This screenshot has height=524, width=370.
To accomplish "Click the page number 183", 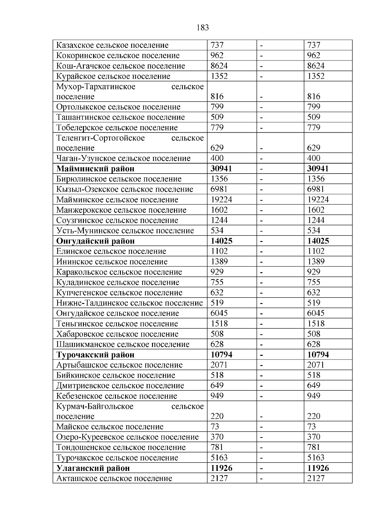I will coord(202,28).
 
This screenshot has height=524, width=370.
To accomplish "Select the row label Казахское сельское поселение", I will coord(112,45).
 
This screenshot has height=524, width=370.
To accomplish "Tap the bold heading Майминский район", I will coord(95,169).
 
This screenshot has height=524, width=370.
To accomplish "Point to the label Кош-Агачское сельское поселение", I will coord(121,66).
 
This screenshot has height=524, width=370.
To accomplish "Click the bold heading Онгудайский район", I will coord(95,241).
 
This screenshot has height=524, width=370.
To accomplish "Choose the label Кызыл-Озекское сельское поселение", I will coord(125,189).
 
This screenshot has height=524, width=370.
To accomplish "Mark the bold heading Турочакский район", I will coord(95,355).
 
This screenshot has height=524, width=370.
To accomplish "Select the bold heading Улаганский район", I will coord(93,468).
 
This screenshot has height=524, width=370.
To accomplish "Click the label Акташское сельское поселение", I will coord(114,478).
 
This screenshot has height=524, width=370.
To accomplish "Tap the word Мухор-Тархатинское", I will coord(96,86).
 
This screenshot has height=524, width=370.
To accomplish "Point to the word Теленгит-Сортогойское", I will coord(101,138).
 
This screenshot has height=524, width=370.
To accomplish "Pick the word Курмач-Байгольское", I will coord(95,406).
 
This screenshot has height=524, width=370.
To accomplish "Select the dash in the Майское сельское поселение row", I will coord(261,427).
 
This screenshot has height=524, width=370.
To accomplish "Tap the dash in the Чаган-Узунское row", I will coord(261,159).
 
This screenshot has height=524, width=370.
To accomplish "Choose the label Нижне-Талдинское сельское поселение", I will coord(129,303).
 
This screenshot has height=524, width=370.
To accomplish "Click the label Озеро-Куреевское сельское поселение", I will coord(127,437).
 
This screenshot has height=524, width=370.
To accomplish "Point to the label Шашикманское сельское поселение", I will coord(123,344).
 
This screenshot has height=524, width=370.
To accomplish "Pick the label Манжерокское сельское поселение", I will coord(121,210).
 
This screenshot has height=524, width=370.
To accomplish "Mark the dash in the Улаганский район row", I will coord(261,468).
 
